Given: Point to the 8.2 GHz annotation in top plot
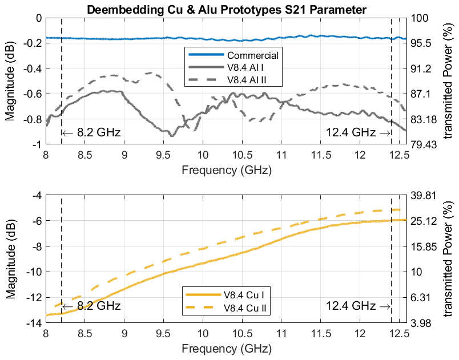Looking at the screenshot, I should coord(91,133).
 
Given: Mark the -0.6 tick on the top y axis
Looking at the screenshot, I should coord(32,94).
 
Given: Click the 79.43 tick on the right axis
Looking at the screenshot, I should coord(424,145).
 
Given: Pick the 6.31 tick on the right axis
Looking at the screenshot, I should coord(421,297).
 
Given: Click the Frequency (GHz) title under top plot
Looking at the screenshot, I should coord(226,169).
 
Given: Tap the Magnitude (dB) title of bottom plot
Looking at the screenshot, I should coord(11,259).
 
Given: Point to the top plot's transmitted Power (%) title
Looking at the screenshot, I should coord(449,81).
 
